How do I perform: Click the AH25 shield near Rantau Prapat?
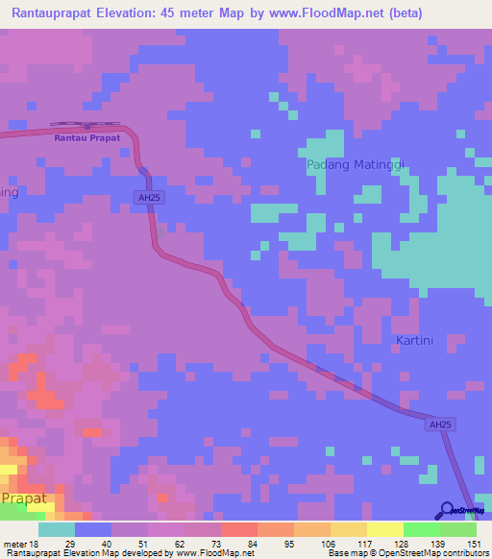click(x=146, y=198)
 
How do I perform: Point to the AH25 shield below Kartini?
click(x=439, y=424)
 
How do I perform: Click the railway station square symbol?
click(x=86, y=126)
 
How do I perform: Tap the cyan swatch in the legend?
click(x=57, y=529)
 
